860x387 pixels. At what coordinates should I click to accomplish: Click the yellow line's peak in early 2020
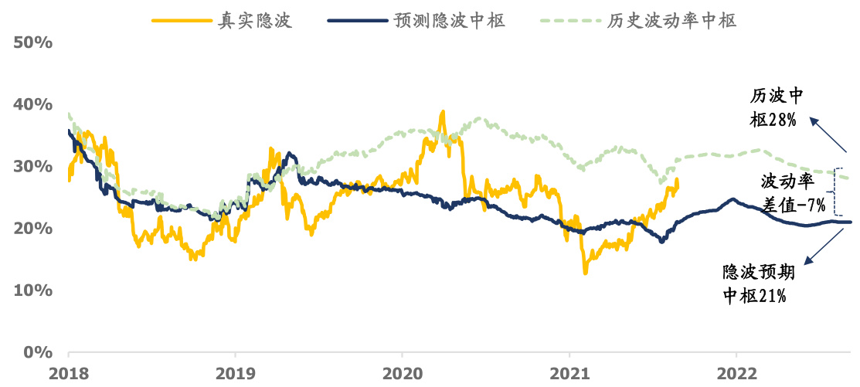click(x=442, y=112)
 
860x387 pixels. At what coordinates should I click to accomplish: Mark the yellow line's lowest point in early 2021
click(x=585, y=272)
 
